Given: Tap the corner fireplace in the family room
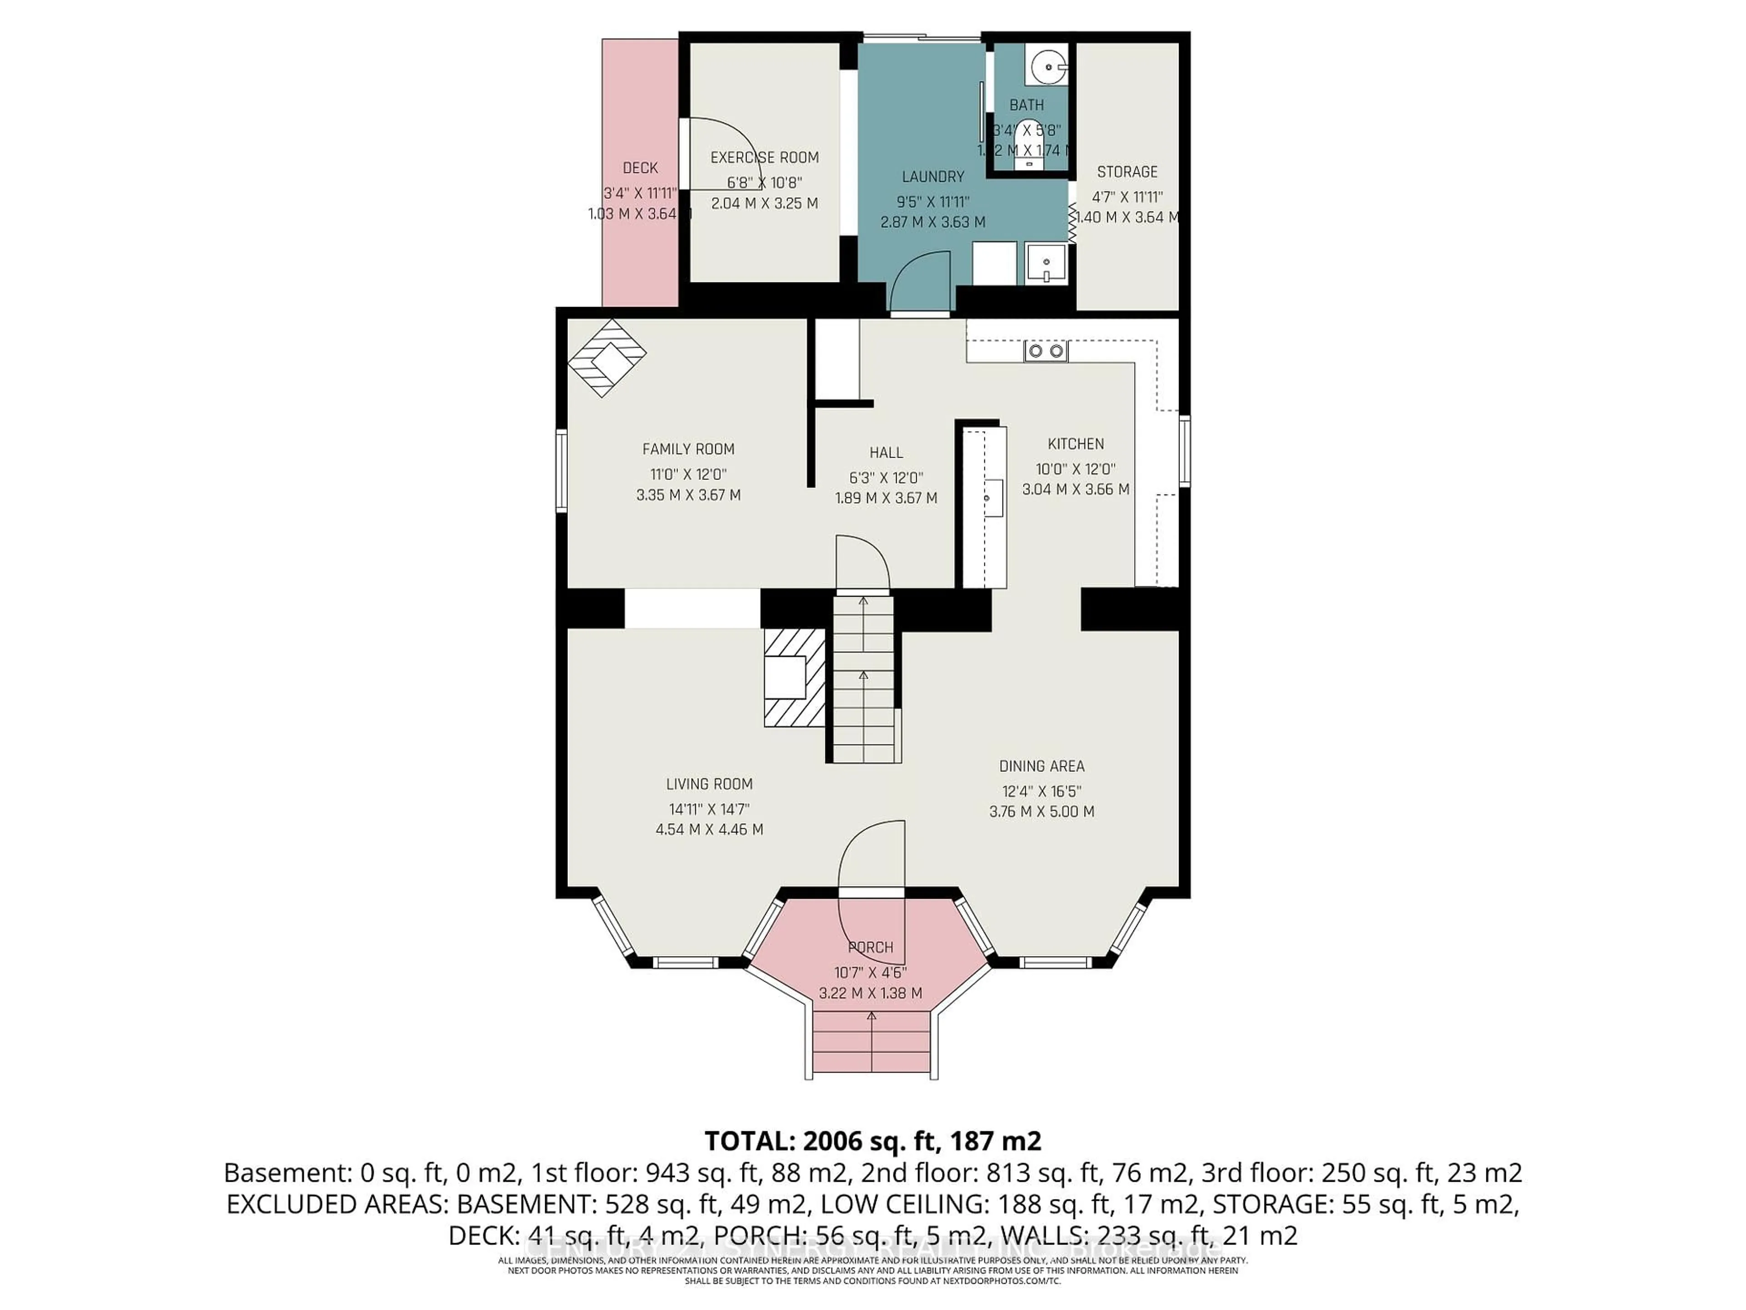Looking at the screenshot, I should tap(606, 358).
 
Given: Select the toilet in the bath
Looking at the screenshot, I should tap(1027, 142).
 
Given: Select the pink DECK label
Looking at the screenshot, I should tap(640, 167).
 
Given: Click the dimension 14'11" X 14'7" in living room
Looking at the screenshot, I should tap(709, 809).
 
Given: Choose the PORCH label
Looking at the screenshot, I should tap(871, 947).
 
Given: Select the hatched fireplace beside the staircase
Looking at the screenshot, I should tap(793, 677).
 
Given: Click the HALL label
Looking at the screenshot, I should tap(886, 453).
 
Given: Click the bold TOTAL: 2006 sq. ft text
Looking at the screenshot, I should tap(872, 1141).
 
